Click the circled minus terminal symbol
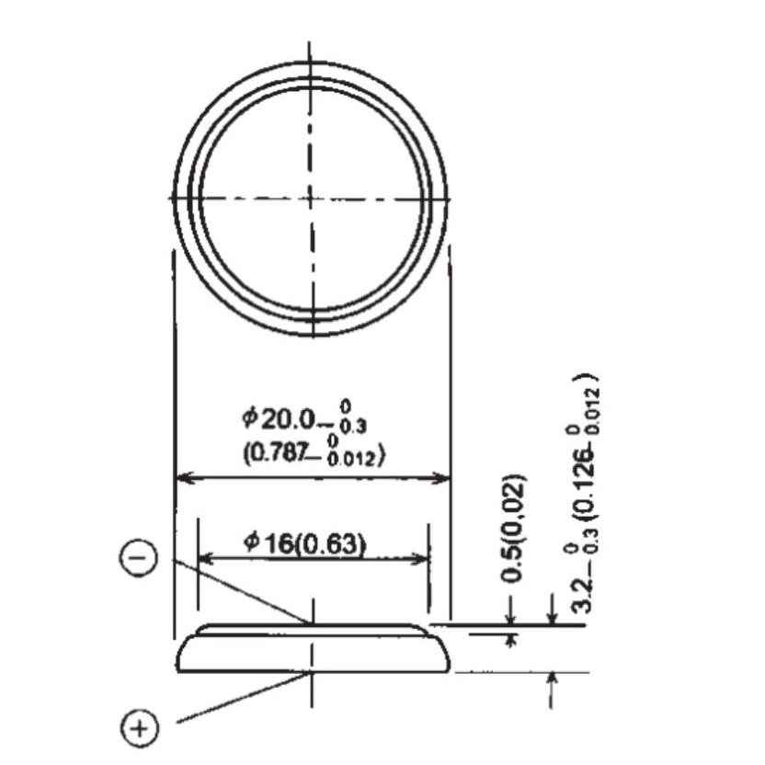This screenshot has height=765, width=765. click(x=139, y=559)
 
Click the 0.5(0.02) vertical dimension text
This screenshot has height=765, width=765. click(x=517, y=529)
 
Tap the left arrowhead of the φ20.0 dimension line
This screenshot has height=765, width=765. click(x=181, y=478)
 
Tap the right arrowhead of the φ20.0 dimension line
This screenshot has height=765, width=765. click(x=444, y=478)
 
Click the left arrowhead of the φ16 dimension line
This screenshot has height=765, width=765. click(x=204, y=559)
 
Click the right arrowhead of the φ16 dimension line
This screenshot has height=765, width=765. click(x=424, y=559)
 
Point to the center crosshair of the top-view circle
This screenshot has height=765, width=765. click(x=312, y=198)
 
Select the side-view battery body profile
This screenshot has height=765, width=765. click(x=312, y=652)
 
